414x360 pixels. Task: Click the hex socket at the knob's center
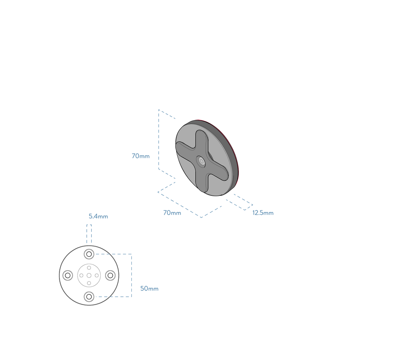pyautogui.click(x=201, y=161)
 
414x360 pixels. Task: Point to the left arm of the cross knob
pyautogui.click(x=184, y=149)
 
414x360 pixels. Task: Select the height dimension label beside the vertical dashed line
pyautogui.click(x=141, y=156)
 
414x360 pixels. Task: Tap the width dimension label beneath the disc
pyautogui.click(x=172, y=213)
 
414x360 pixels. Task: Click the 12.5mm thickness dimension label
pyautogui.click(x=263, y=213)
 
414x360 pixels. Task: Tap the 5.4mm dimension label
pyautogui.click(x=98, y=216)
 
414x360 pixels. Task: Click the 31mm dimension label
pyautogui.click(x=149, y=289)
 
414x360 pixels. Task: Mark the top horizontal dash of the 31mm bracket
pyautogui.click(x=114, y=254)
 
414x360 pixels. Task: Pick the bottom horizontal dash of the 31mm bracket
pyautogui.click(x=114, y=296)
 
